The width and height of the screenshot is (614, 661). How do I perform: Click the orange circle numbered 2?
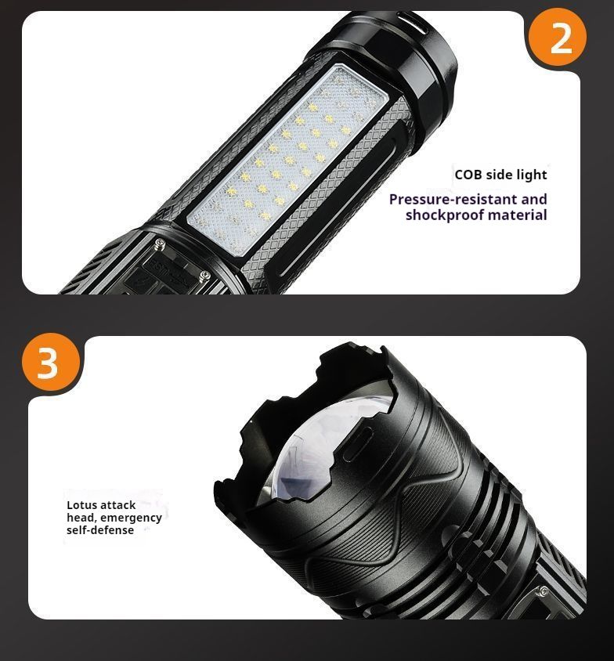coord(557,37)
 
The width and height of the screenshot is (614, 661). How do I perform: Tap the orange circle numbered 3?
coord(51,362)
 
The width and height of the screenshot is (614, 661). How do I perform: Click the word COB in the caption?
coord(468,175)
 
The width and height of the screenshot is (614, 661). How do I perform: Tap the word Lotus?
coord(82,505)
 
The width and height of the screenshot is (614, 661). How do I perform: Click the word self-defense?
coord(100,530)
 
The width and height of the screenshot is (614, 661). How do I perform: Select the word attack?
coord(118,505)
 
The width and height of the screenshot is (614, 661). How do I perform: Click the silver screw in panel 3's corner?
coord(544,591)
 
